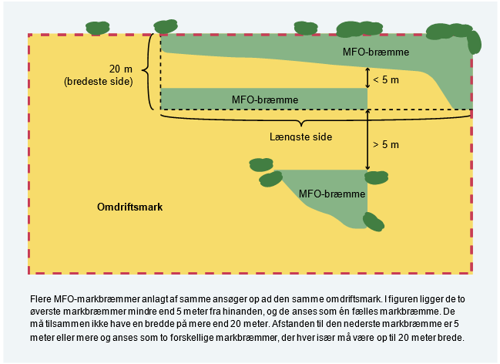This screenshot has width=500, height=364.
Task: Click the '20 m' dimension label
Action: pos(121,67)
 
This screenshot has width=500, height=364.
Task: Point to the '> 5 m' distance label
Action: pos(387,143)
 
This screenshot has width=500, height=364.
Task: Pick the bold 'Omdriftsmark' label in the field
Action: pos(130,207)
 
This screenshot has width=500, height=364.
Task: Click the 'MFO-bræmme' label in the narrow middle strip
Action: pos(264,99)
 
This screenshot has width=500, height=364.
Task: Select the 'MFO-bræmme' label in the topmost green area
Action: pos(375,52)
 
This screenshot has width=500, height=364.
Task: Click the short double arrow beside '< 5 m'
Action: pos(367,77)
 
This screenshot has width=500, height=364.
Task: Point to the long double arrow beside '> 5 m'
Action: pos(367,139)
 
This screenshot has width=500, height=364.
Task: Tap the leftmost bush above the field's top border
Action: pos(97,27)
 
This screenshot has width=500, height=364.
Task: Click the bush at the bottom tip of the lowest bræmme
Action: pos(373,222)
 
